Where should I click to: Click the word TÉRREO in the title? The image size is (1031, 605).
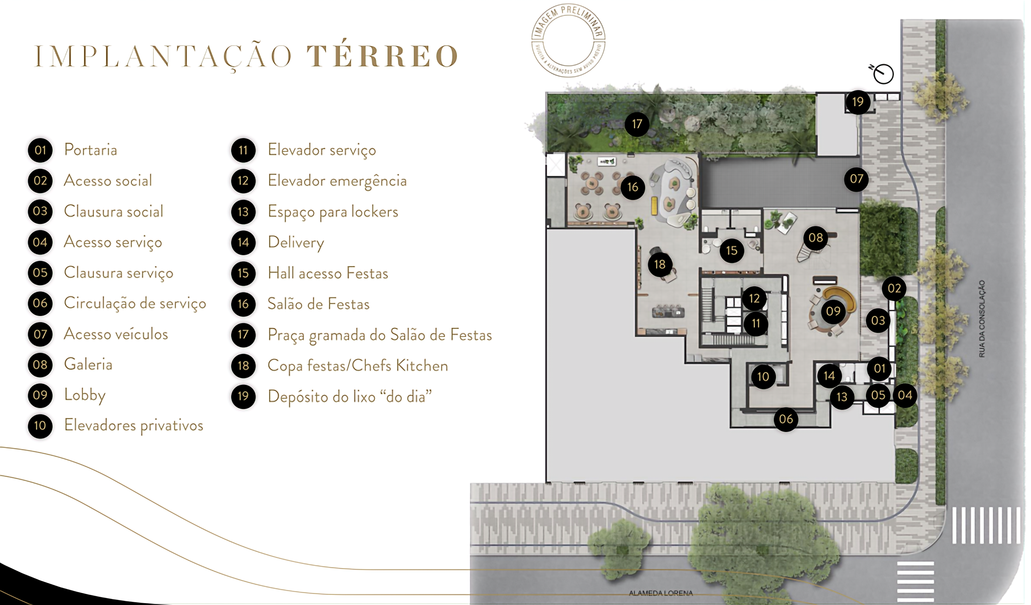pyautogui.click(x=382, y=56)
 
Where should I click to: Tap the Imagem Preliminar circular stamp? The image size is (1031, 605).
pyautogui.click(x=568, y=41)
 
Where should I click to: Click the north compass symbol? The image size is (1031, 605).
pyautogui.click(x=883, y=74)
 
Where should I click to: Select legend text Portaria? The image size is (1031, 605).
pyautogui.click(x=90, y=150)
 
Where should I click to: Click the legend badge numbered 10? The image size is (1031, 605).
pyautogui.click(x=40, y=425)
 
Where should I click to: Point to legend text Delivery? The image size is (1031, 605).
pyautogui.click(x=296, y=242)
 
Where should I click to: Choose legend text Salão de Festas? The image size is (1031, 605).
pyautogui.click(x=318, y=304)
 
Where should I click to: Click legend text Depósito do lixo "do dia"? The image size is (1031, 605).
pyautogui.click(x=350, y=396)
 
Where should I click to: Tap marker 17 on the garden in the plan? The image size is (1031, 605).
pyautogui.click(x=637, y=124)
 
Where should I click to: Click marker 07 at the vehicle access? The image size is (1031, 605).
pyautogui.click(x=856, y=179)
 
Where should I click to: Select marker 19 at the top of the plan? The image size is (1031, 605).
pyautogui.click(x=857, y=102)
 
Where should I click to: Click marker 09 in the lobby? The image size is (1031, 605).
pyautogui.click(x=833, y=311)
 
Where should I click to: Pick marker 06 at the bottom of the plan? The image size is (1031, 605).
pyautogui.click(x=786, y=419)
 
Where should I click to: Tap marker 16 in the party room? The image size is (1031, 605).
pyautogui.click(x=633, y=187)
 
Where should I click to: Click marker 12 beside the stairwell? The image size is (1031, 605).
pyautogui.click(x=754, y=298)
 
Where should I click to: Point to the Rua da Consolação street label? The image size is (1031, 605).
pyautogui.click(x=982, y=319)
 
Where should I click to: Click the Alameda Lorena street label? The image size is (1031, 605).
pyautogui.click(x=661, y=593)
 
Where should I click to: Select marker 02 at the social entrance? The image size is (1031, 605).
pyautogui.click(x=894, y=289)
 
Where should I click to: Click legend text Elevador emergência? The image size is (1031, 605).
pyautogui.click(x=337, y=181)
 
